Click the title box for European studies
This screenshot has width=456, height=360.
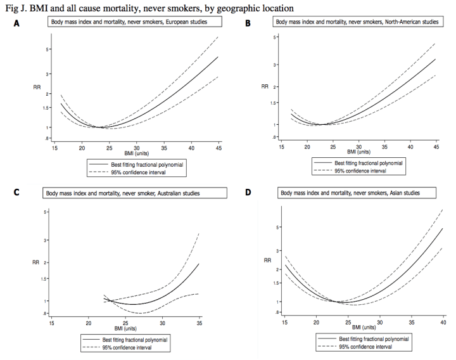(136, 22)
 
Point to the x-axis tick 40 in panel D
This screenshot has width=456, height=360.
(441, 323)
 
